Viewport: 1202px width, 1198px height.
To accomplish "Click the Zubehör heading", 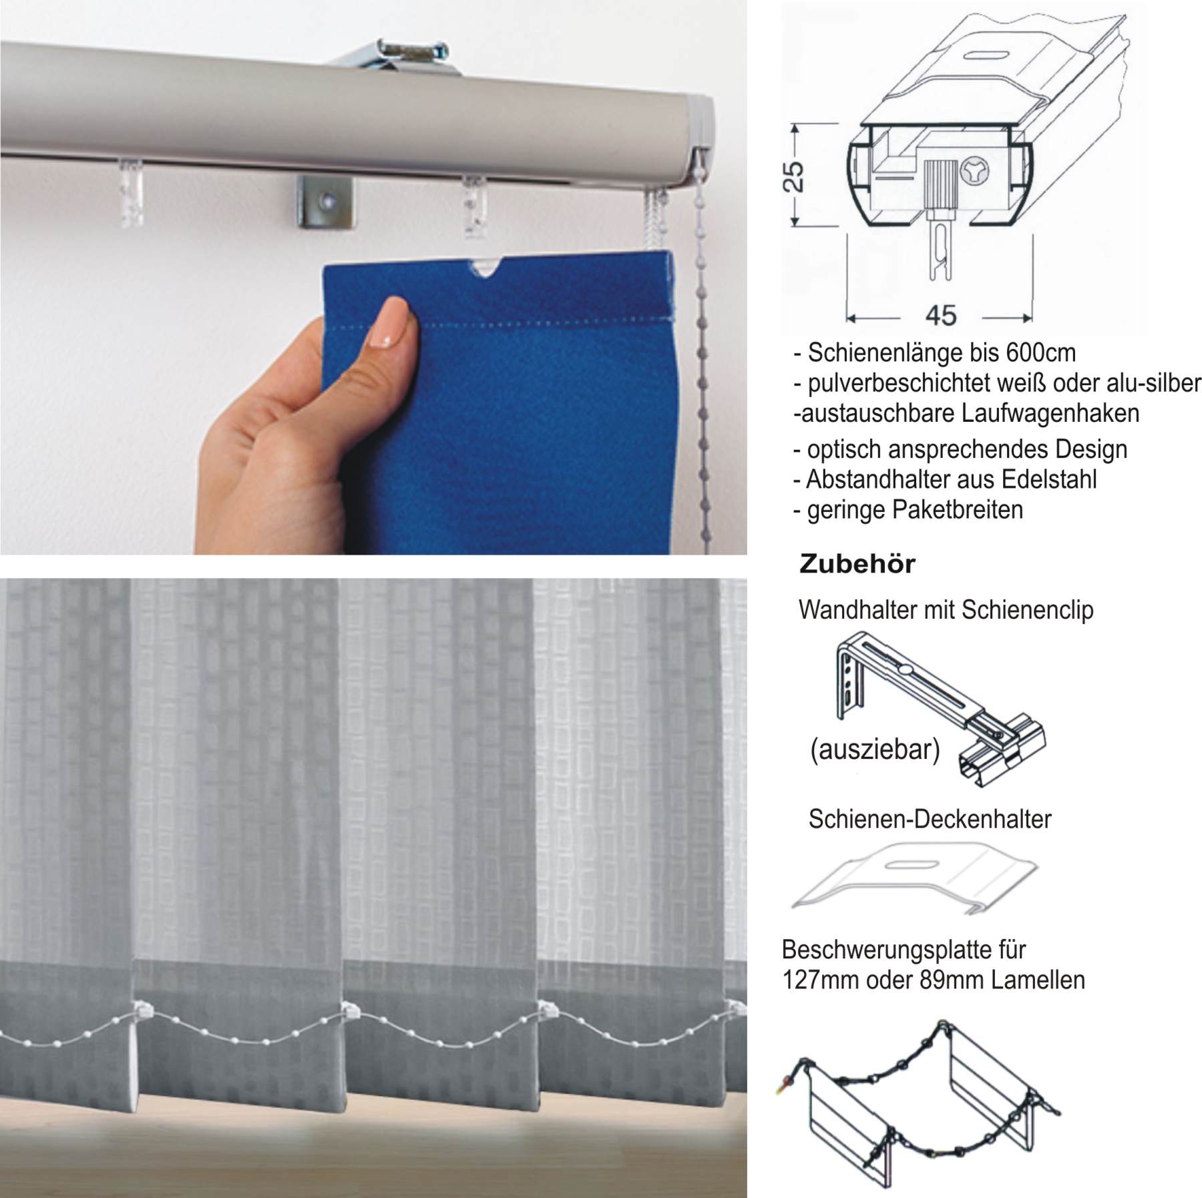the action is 857,564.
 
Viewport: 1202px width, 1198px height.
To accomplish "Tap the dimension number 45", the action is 941,315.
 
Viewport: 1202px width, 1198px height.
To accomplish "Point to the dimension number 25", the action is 795,176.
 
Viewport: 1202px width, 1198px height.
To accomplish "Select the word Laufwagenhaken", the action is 1050,413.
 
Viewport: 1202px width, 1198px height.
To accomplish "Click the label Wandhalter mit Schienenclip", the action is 946,609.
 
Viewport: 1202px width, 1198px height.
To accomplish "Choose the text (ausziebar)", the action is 875,750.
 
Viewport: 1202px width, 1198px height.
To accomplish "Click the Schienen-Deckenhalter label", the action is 930,819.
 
